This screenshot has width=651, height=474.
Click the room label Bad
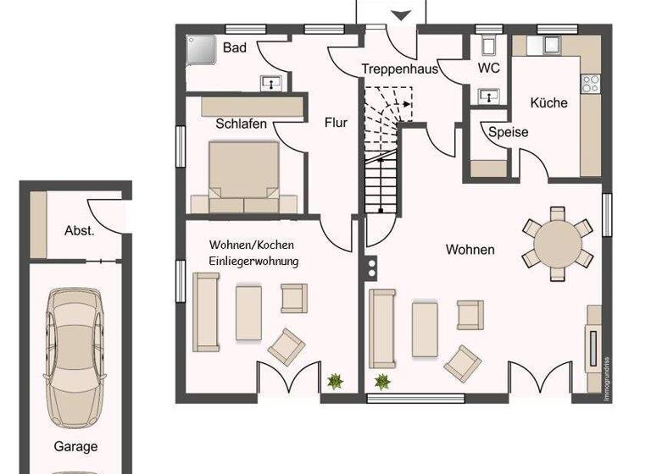(235, 47)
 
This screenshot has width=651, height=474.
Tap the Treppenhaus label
(399, 69)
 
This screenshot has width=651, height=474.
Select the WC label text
(489, 67)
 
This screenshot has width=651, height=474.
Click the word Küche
(548, 102)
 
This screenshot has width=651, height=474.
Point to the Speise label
(508, 132)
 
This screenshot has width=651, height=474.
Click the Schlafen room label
(241, 124)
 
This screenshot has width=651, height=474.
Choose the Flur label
(336, 122)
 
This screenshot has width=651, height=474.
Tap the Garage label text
(75, 446)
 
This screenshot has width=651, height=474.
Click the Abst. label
(79, 230)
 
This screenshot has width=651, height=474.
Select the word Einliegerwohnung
(254, 262)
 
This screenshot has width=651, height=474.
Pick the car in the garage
(75, 356)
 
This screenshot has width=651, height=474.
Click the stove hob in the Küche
(590, 83)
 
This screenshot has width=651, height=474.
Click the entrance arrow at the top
(400, 14)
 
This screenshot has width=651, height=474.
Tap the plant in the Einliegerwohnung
(336, 381)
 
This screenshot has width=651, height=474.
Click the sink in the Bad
(272, 82)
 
